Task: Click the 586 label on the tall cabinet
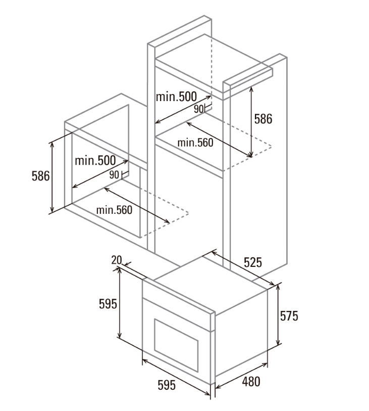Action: tap(263, 119)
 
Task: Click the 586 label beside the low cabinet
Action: tap(40, 176)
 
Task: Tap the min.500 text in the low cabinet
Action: tap(95, 161)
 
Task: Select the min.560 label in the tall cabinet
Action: tap(195, 143)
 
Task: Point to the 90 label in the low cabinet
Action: tap(113, 174)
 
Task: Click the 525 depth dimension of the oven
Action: tap(252, 262)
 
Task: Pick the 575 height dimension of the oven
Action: tap(289, 316)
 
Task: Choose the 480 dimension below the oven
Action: tap(251, 381)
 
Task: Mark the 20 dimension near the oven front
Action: tap(116, 260)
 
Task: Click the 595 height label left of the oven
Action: tap(108, 304)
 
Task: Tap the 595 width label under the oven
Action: tap(166, 385)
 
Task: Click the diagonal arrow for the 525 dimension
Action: tap(243, 268)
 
